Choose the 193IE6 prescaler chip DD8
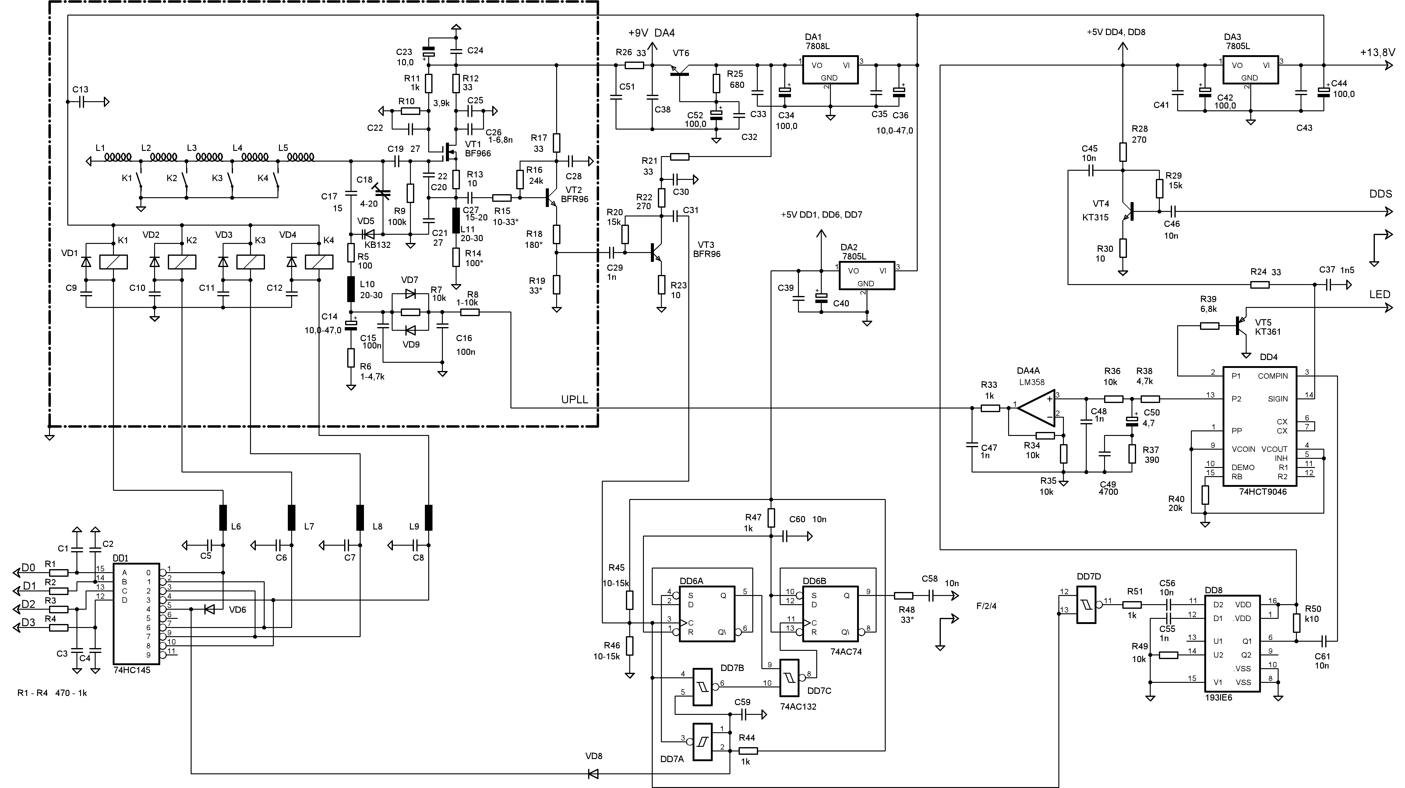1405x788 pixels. point(1232,644)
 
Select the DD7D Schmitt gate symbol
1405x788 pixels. point(1086,605)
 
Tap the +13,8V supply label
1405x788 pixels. point(1377,52)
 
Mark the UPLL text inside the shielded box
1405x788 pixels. point(575,399)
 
